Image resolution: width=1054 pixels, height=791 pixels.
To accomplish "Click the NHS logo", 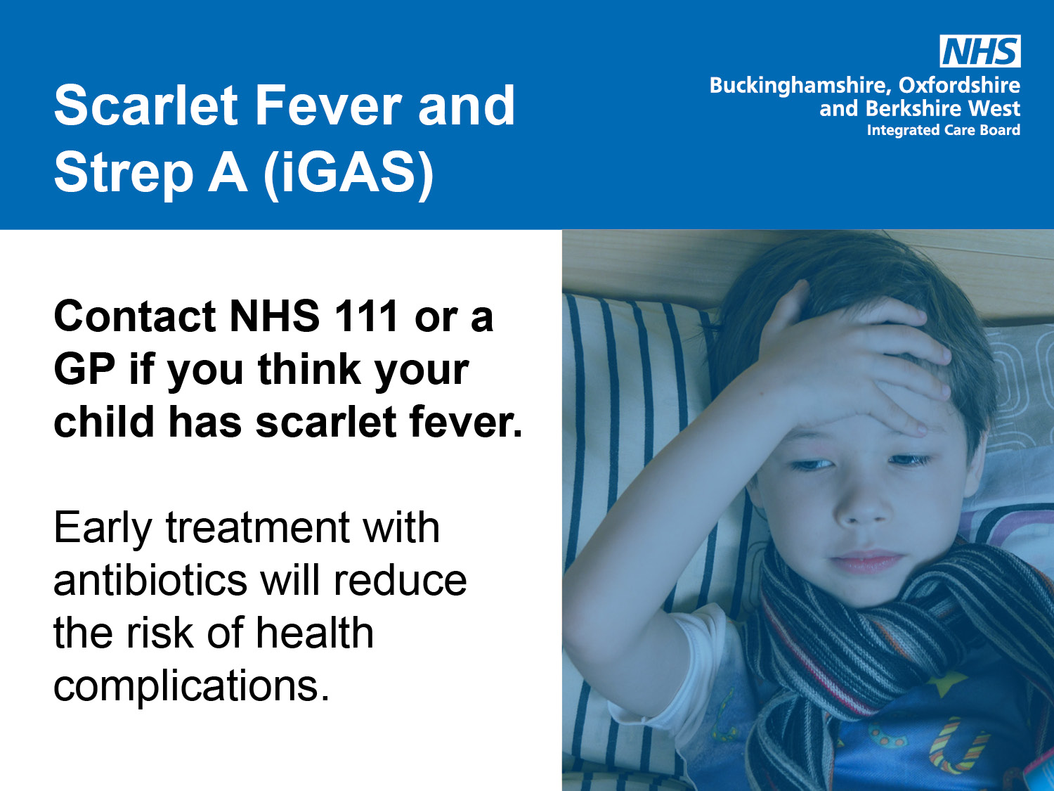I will (980, 51).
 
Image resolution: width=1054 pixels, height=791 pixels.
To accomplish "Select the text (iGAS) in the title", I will (349, 173).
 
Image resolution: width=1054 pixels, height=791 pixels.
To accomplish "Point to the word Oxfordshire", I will (959, 85).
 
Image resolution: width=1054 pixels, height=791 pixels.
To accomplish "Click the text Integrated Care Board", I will (943, 130).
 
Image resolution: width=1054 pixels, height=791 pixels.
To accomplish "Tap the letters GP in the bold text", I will (84, 369).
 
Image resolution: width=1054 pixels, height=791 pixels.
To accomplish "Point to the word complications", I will (191, 686).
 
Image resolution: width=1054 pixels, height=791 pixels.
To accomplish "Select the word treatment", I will (257, 528).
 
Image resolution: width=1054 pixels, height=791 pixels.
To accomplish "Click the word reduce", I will (400, 581).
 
